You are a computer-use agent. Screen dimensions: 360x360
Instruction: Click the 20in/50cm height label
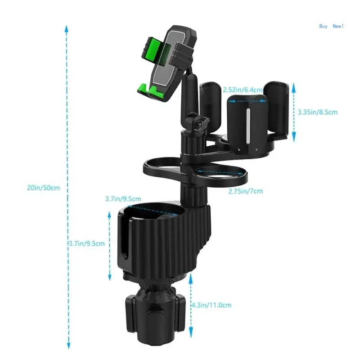[43, 188]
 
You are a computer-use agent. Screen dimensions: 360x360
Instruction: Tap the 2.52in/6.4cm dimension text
[243, 90]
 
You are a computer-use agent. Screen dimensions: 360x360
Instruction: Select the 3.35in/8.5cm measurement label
[318, 112]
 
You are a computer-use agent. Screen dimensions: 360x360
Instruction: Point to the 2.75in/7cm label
[245, 191]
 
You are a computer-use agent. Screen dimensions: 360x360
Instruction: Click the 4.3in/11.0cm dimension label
[211, 305]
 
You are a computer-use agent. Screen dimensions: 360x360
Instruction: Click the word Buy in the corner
[323, 26]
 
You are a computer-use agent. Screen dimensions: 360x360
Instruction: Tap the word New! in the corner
[338, 26]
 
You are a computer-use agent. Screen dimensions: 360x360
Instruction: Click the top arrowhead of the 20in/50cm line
[66, 28]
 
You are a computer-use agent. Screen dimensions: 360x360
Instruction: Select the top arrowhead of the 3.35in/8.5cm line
[293, 86]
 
